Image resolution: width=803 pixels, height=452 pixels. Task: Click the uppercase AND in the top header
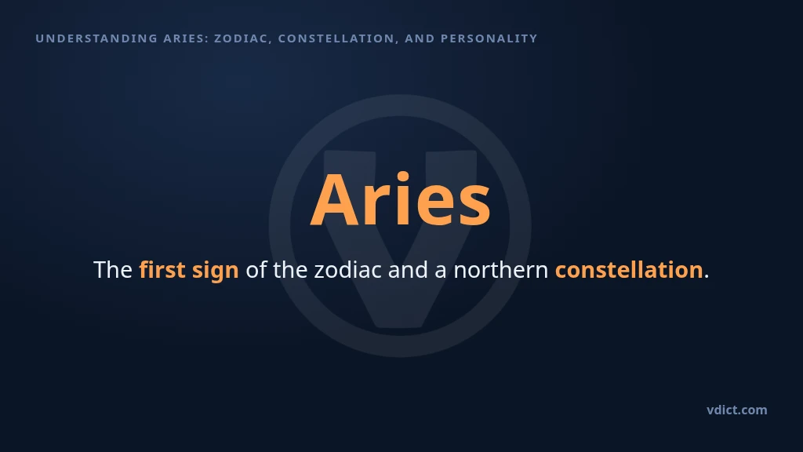pos(420,38)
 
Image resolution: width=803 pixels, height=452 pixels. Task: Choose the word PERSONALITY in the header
pos(489,38)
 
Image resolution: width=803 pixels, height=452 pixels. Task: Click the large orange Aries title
pos(401,199)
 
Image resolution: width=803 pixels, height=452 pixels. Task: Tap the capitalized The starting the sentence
pos(113,270)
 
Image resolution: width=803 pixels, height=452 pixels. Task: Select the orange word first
pos(162,270)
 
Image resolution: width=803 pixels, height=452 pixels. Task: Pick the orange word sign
pos(216,271)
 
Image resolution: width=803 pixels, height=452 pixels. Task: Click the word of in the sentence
pos(256,270)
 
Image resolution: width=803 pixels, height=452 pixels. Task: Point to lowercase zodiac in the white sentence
pos(347,270)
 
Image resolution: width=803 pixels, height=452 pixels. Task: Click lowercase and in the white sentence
pos(408,270)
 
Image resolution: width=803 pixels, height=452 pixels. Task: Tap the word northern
pos(501,270)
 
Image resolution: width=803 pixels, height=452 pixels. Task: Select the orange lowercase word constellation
pos(629,270)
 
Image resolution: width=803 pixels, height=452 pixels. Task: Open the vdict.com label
pos(737,410)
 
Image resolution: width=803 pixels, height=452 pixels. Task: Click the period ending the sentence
pos(707,277)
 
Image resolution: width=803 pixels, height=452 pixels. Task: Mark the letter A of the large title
pos(335,200)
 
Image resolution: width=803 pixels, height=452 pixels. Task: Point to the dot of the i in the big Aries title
pos(403,177)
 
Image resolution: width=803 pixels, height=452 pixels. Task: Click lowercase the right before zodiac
pos(290,270)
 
